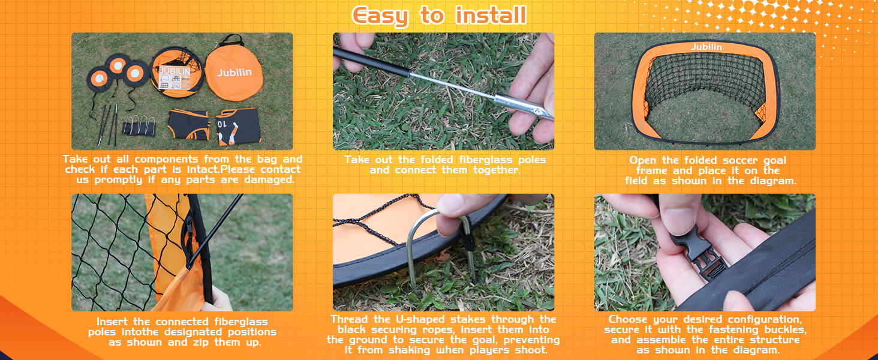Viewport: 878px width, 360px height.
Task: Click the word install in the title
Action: tap(491, 15)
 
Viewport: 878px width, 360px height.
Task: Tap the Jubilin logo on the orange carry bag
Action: tap(234, 72)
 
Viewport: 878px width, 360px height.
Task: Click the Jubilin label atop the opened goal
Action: tap(706, 47)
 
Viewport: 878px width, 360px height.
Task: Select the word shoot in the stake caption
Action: tap(530, 350)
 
